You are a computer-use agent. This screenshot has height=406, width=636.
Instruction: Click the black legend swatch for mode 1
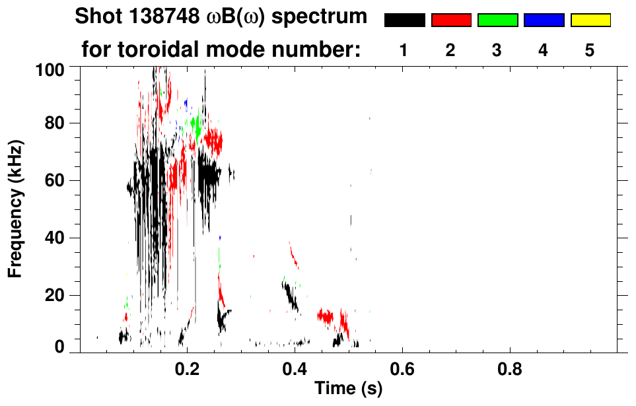click(x=404, y=20)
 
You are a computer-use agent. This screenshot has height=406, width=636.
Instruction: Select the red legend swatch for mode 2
click(x=451, y=20)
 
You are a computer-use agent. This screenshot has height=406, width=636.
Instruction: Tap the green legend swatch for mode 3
click(x=497, y=20)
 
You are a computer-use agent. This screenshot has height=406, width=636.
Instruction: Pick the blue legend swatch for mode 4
click(x=544, y=20)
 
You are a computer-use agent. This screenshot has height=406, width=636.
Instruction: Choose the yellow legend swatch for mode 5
click(x=590, y=20)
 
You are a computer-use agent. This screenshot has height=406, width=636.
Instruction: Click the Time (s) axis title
click(x=347, y=389)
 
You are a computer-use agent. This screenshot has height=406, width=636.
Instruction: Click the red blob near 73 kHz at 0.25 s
click(x=213, y=140)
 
